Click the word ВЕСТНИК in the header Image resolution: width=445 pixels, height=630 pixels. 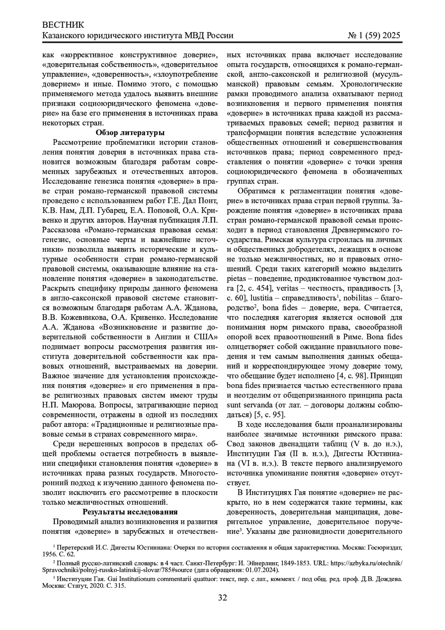[63, 25]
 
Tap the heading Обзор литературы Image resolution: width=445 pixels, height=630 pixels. [130, 133]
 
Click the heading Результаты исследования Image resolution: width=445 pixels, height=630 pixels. [130, 512]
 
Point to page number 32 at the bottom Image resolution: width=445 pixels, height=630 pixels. [222, 597]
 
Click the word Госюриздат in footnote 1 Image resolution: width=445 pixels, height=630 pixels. [386, 547]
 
